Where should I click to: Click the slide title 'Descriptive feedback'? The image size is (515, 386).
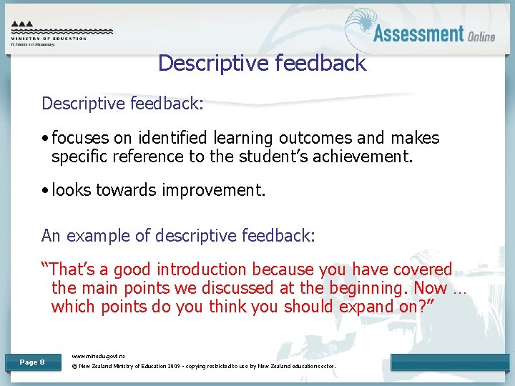pyautogui.click(x=262, y=63)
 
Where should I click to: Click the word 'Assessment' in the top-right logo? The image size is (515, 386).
pyautogui.click(x=418, y=34)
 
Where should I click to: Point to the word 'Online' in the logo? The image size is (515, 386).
pyautogui.click(x=481, y=36)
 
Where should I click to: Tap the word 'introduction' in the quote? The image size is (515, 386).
pyautogui.click(x=202, y=269)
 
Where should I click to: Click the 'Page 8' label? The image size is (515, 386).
pyautogui.click(x=31, y=362)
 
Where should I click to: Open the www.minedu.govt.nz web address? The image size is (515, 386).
pyautogui.click(x=99, y=355)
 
